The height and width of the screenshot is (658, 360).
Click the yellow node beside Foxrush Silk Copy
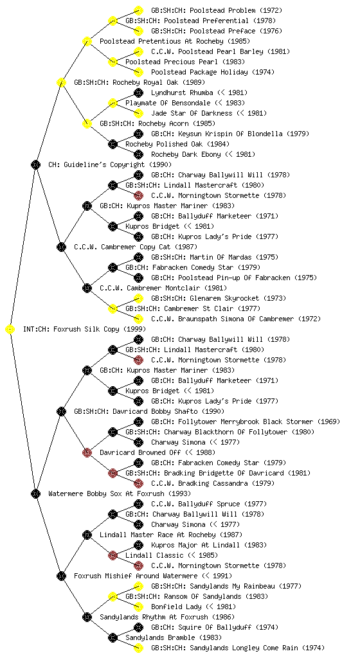coord(10,330)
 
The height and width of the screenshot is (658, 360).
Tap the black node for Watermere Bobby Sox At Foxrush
coord(35,494)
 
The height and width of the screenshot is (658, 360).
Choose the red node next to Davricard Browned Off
coord(87,453)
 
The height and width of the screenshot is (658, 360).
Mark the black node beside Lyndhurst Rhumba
coord(138,93)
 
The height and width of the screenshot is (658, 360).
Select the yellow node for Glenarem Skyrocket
coord(138,298)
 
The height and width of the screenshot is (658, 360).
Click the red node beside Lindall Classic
coord(113,556)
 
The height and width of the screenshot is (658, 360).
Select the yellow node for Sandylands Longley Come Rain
coord(138,648)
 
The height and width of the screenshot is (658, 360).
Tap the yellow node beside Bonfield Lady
coord(138,607)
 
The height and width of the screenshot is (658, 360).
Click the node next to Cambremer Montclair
coord(87,289)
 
